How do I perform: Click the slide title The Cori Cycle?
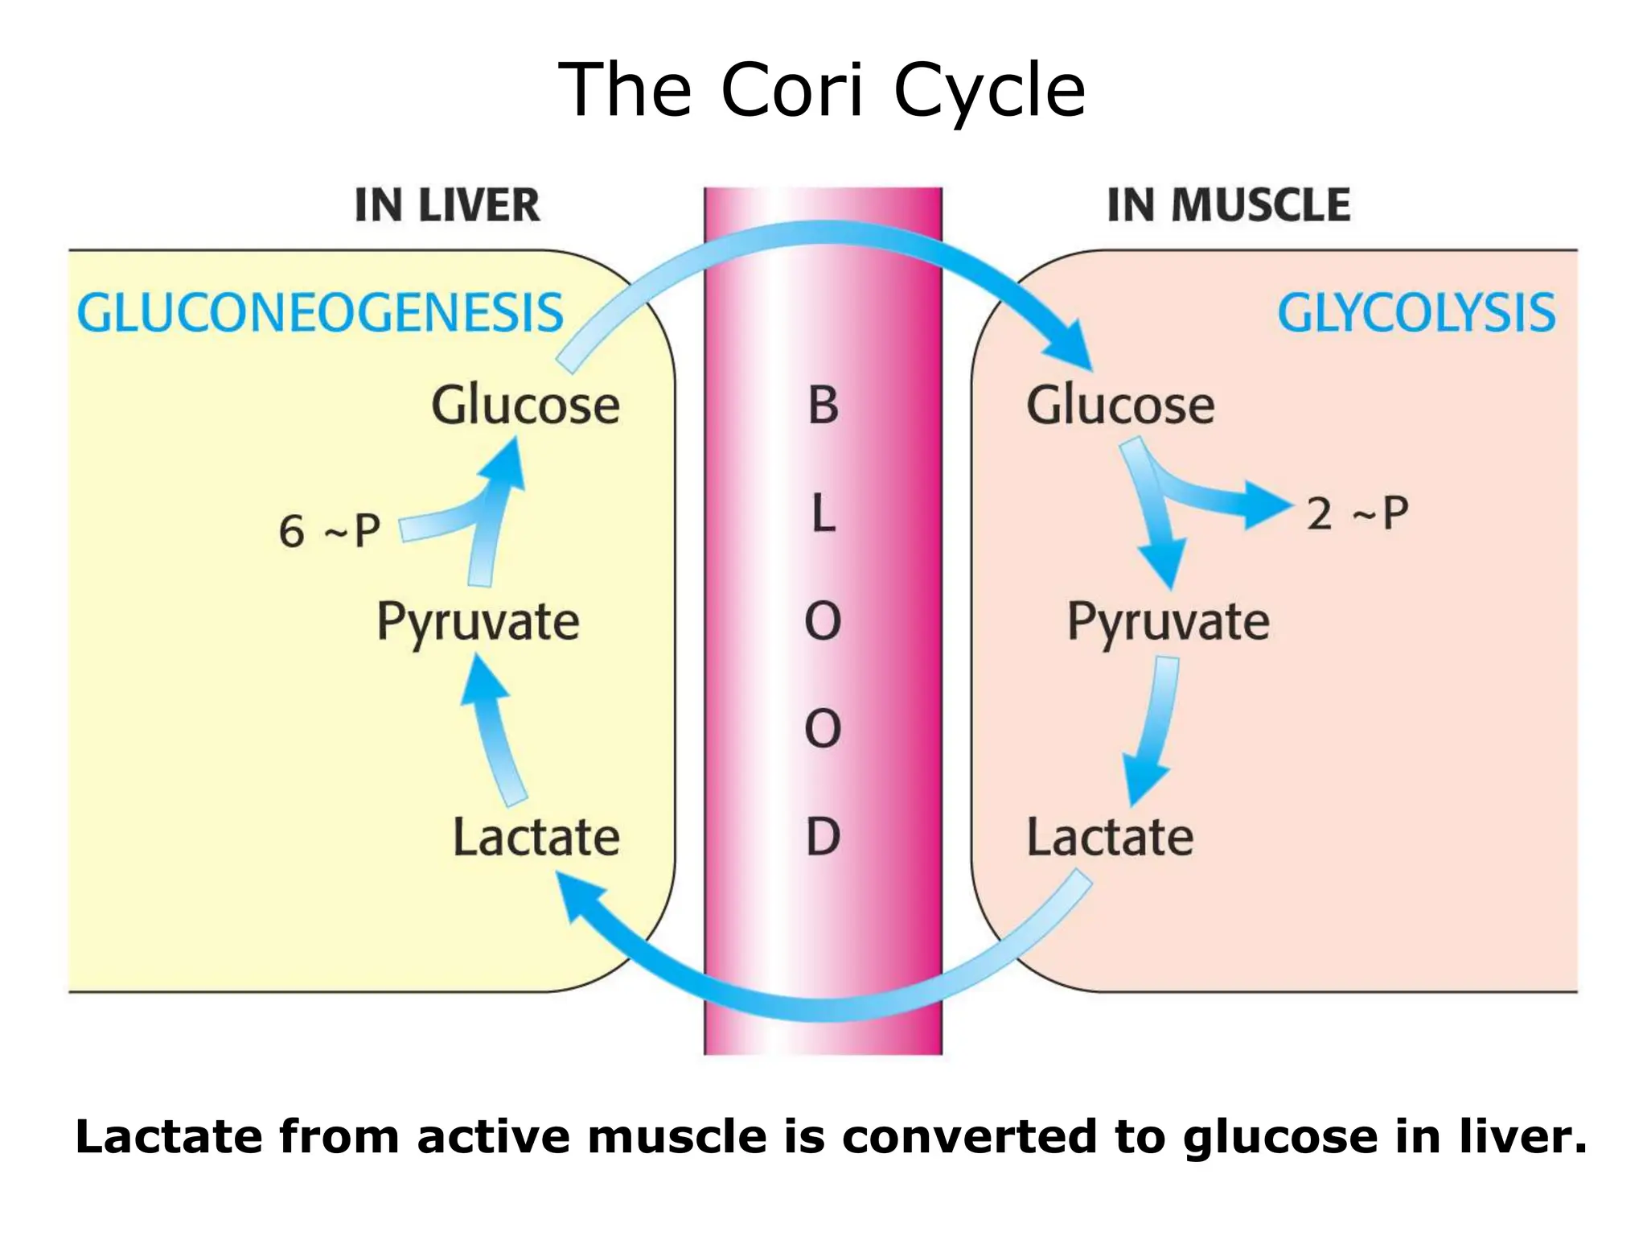[822, 90]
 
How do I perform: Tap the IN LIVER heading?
[447, 205]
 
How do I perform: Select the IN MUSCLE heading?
[1228, 205]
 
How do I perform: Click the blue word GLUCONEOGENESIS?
[320, 313]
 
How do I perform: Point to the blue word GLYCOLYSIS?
[1416, 313]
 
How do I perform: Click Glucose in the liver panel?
[525, 405]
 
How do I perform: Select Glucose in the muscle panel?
[1120, 405]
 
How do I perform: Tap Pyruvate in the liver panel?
[478, 623]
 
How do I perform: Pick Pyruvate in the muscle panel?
[1168, 623]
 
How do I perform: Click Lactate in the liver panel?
[536, 838]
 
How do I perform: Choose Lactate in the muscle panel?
[1110, 838]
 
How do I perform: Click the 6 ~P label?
[330, 532]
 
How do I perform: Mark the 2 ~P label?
[1357, 514]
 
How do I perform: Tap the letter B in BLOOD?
[823, 406]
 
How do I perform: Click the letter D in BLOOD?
[823, 838]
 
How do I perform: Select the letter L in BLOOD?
[823, 514]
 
